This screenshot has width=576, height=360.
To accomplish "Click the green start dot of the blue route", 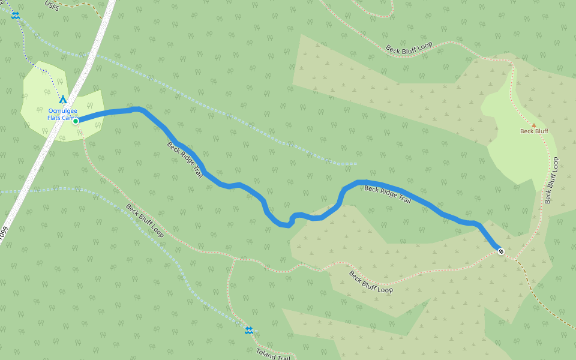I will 76,121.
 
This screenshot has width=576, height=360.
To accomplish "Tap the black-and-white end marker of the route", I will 500,251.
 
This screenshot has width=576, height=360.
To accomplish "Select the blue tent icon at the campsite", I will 62,99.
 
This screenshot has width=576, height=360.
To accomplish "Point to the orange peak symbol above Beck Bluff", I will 533,125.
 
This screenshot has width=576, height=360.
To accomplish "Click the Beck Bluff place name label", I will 534,131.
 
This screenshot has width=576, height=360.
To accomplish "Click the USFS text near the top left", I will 53,4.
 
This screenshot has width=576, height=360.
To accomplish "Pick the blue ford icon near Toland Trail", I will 248,330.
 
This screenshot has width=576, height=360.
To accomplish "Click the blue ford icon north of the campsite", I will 16,16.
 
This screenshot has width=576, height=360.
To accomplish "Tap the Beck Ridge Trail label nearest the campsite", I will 184,160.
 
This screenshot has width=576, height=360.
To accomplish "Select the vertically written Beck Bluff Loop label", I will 552,180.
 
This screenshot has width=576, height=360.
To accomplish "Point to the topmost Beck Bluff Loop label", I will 409,49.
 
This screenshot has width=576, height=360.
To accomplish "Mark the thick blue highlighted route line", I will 240,185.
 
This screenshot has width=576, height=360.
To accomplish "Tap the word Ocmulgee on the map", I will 62,110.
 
